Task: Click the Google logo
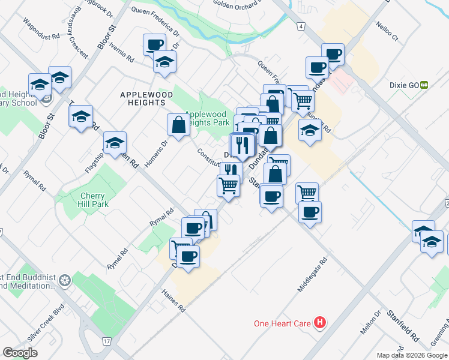coord(20,352)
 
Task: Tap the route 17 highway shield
coord(106,341)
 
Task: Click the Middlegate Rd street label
coord(313,276)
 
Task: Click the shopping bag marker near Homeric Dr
coord(178,125)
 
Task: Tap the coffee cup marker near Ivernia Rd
coord(154,44)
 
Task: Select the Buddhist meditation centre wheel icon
coord(65,280)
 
